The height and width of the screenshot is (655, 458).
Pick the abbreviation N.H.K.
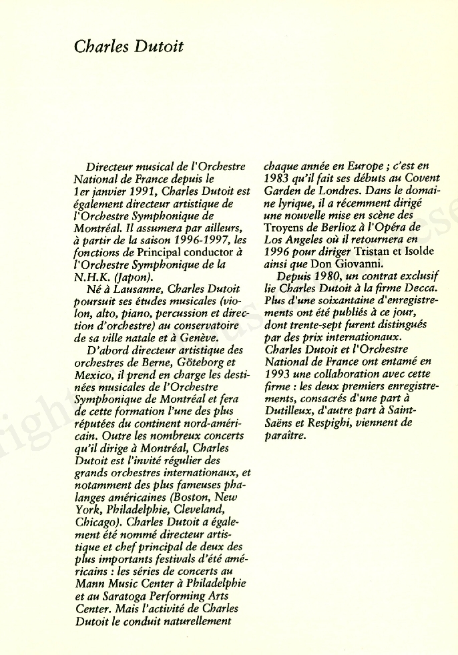(93, 278)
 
